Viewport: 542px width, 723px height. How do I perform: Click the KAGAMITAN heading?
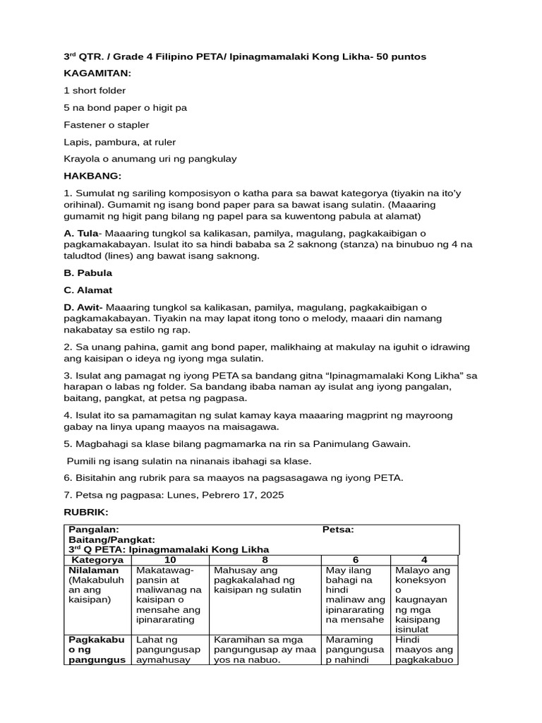pyautogui.click(x=97, y=73)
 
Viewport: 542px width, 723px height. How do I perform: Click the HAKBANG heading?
pyautogui.click(x=92, y=175)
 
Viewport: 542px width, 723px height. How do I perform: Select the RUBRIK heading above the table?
pyautogui.click(x=85, y=512)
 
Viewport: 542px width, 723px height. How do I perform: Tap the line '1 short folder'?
pyautogui.click(x=95, y=90)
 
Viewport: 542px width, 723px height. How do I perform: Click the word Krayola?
pyautogui.click(x=82, y=158)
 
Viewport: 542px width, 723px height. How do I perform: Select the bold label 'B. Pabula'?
pyautogui.click(x=88, y=273)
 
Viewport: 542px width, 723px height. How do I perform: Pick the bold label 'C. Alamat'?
pyautogui.click(x=88, y=289)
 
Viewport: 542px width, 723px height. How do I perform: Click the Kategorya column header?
pyautogui.click(x=97, y=560)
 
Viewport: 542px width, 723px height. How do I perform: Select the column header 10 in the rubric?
pyautogui.click(x=171, y=560)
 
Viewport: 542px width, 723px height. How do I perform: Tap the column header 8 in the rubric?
pyautogui.click(x=265, y=560)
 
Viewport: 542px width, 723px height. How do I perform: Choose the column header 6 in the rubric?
pyautogui.click(x=356, y=560)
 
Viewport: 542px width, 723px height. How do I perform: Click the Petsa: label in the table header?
pyautogui.click(x=338, y=530)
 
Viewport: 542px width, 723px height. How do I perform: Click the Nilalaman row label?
pyautogui.click(x=94, y=570)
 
